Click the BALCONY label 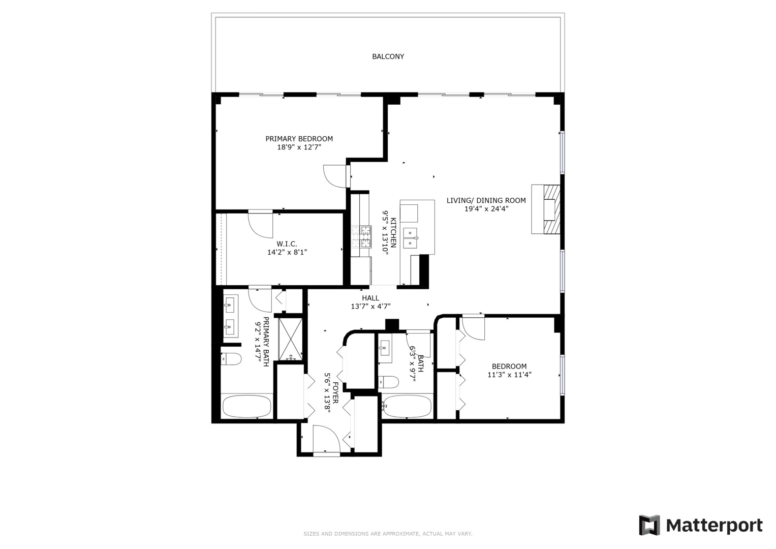pyautogui.click(x=388, y=56)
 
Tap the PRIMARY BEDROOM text pyautogui.click(x=299, y=139)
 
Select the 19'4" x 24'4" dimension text pyautogui.click(x=486, y=208)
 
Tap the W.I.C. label pyautogui.click(x=287, y=243)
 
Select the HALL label pyautogui.click(x=370, y=298)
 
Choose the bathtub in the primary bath pyautogui.click(x=247, y=407)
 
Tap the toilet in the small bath pyautogui.click(x=389, y=381)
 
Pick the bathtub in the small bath pyautogui.click(x=407, y=406)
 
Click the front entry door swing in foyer pyautogui.click(x=326, y=439)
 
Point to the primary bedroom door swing pyautogui.click(x=335, y=176)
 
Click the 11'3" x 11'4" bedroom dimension pyautogui.click(x=509, y=375)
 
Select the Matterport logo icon pyautogui.click(x=649, y=525)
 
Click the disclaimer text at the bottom pyautogui.click(x=388, y=534)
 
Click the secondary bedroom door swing pyautogui.click(x=473, y=328)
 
